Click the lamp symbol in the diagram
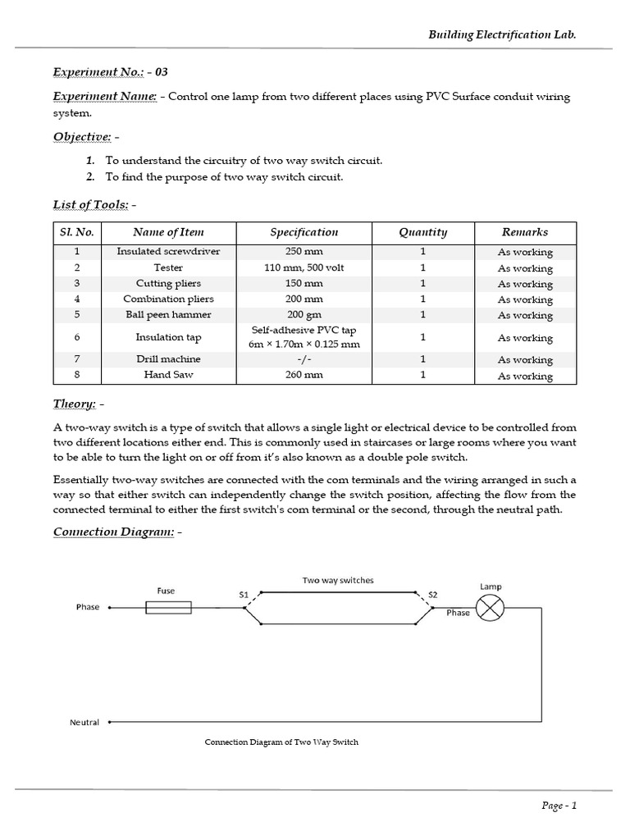coord(491,607)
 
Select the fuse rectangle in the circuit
coord(168,607)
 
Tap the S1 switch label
coord(244,594)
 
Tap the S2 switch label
coord(433,594)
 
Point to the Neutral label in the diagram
coord(84,723)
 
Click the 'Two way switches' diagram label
coord(338,580)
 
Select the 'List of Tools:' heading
coord(88,204)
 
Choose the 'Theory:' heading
coord(75,404)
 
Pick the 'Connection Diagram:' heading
coord(112,532)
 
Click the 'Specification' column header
coord(304,232)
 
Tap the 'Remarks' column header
coord(525,232)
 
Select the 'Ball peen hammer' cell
coord(168,315)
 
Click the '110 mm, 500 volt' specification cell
coord(304,268)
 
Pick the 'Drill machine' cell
coord(168,359)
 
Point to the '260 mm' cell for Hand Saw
coord(304,375)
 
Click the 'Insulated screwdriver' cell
coord(168,252)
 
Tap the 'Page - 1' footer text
coord(560,806)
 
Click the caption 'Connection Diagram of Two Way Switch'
coord(281,742)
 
